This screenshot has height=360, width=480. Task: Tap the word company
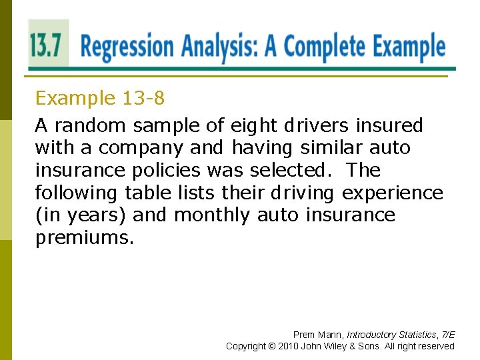click(x=136, y=147)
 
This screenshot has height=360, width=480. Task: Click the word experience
click(x=392, y=193)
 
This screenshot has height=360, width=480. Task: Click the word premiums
click(x=84, y=238)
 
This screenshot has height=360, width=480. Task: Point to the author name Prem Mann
click(x=316, y=335)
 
